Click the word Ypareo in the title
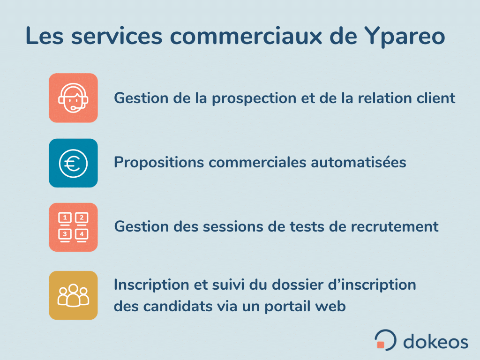coord(405,37)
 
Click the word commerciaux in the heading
coord(246,36)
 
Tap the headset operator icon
coord(73,98)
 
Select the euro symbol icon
coord(73,163)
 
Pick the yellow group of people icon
coord(73,295)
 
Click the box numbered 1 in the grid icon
coord(65,218)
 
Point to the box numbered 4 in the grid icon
coord(82,235)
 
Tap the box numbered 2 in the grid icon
coord(82,218)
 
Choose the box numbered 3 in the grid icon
coord(65,235)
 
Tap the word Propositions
coord(159,163)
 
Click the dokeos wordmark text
coord(435,342)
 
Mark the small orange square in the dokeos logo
coord(381,345)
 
